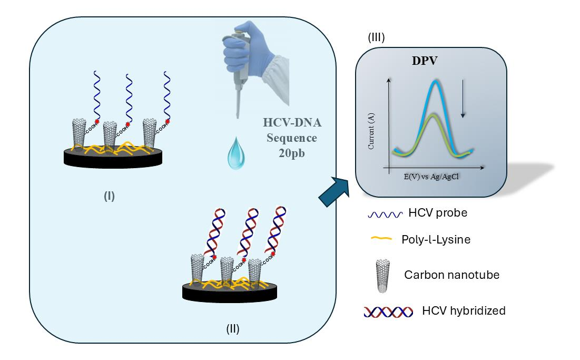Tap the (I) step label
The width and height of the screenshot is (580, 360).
click(110, 197)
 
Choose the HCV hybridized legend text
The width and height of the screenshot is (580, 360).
click(464, 310)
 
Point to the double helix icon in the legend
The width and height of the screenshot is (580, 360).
click(387, 311)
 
